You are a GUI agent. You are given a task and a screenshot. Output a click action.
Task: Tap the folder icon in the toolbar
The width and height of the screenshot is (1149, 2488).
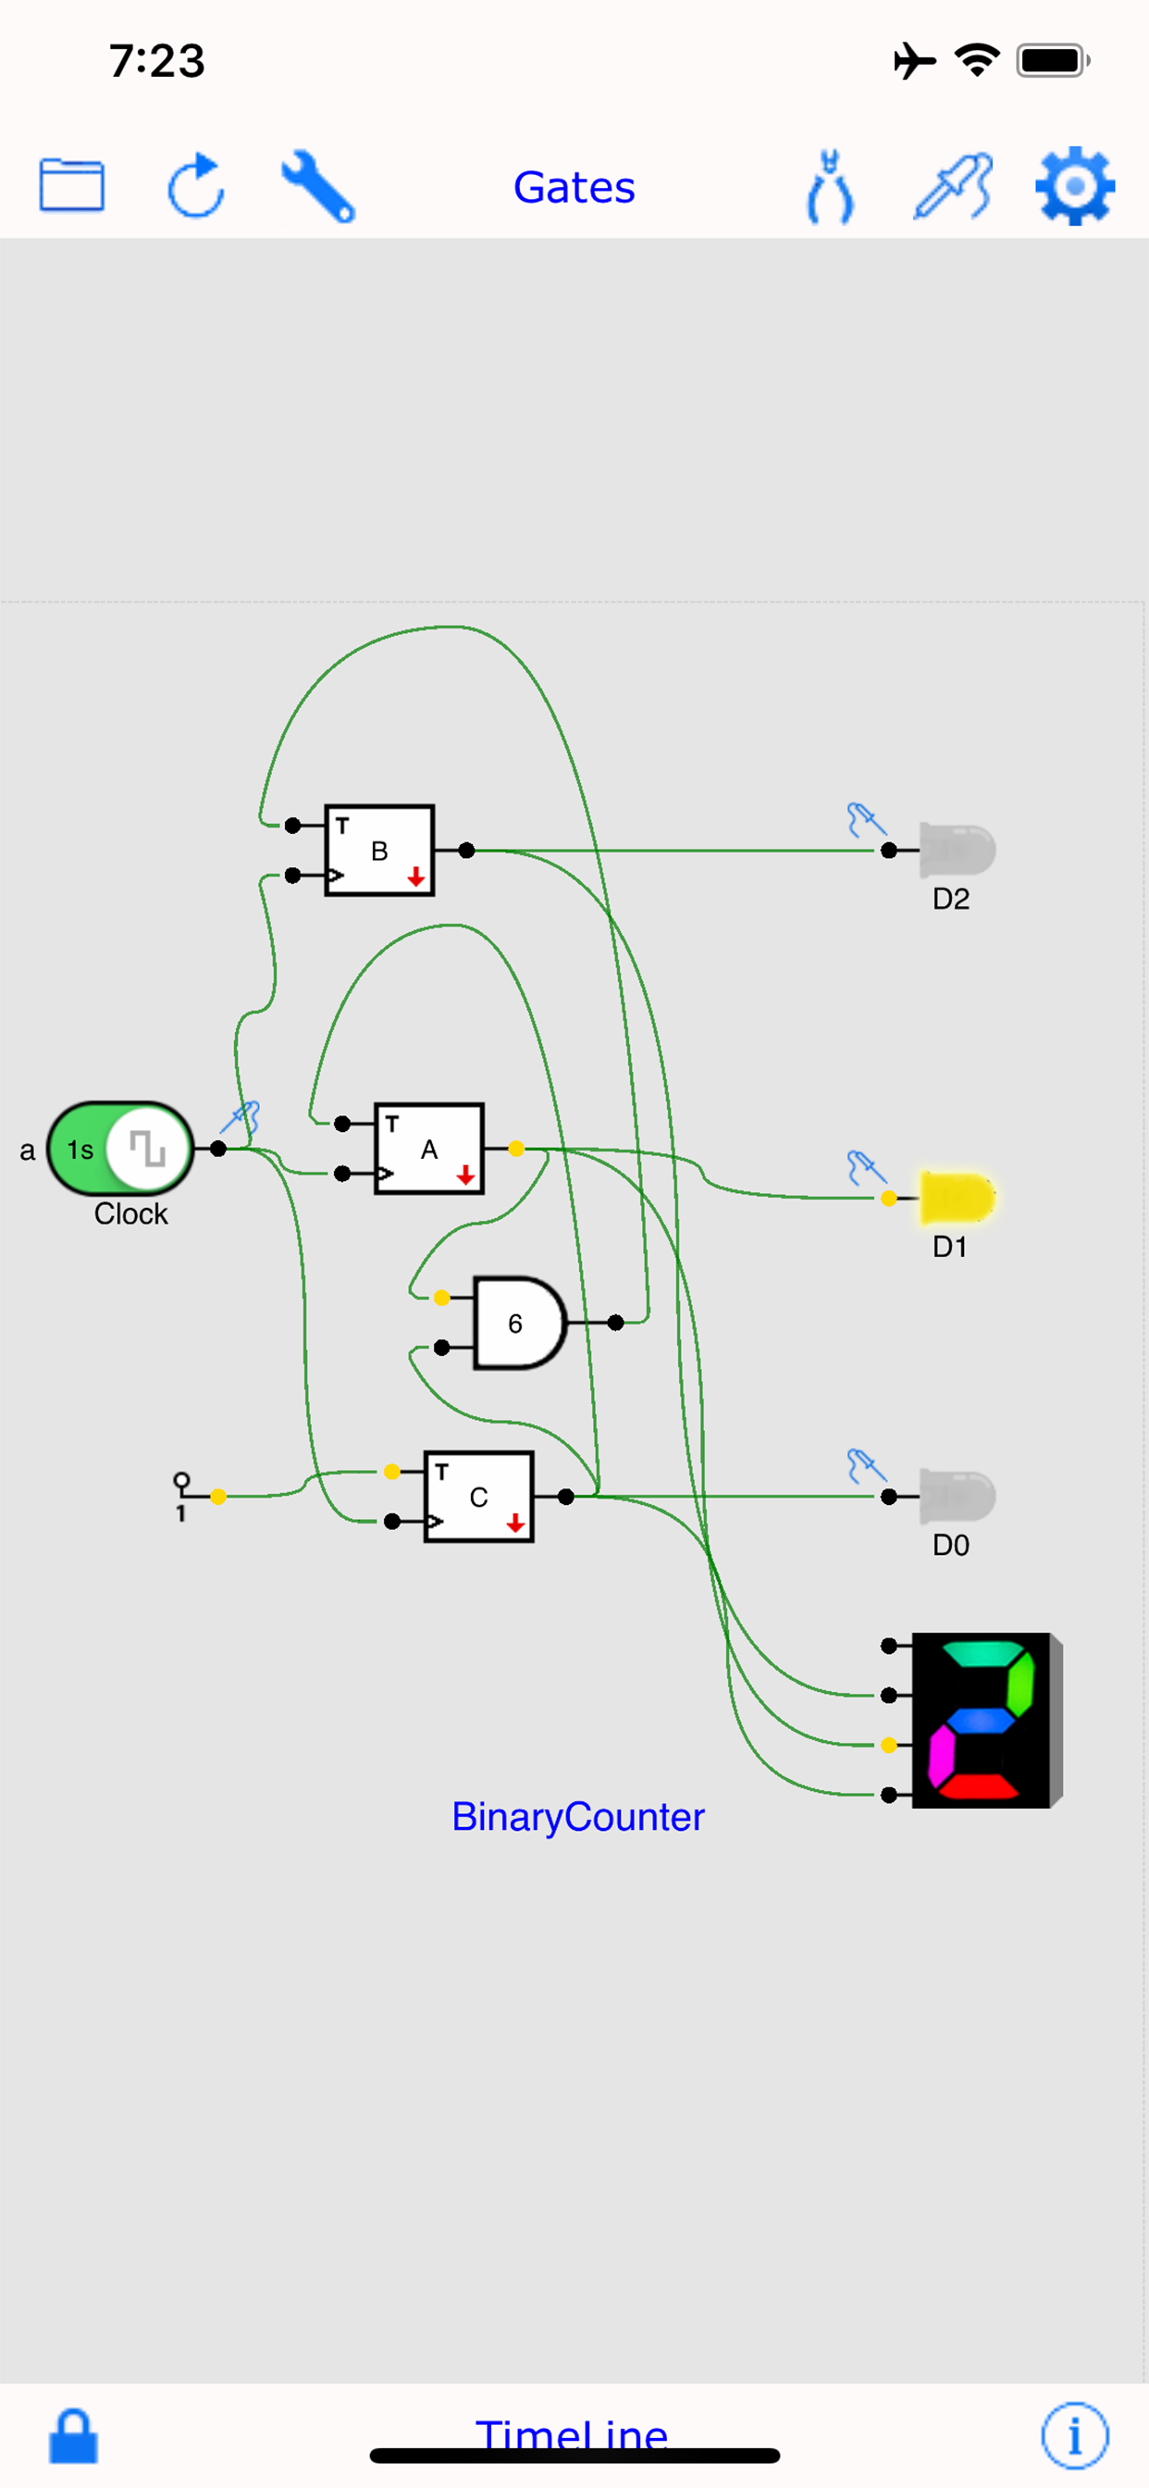pyautogui.click(x=71, y=184)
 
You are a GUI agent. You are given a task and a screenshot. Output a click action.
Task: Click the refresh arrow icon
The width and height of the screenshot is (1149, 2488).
pyautogui.click(x=196, y=184)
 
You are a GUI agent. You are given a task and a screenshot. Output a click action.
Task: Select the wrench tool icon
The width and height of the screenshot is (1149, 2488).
pyautogui.click(x=318, y=185)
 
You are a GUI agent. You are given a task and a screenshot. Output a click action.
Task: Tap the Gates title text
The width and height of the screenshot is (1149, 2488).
pyautogui.click(x=574, y=187)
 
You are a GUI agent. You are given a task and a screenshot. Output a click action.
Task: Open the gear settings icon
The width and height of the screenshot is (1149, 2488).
pyautogui.click(x=1075, y=185)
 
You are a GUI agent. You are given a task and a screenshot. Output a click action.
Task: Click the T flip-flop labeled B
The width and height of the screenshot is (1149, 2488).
pyautogui.click(x=379, y=851)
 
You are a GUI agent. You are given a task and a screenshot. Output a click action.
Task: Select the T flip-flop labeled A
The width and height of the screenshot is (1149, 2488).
pyautogui.click(x=428, y=1150)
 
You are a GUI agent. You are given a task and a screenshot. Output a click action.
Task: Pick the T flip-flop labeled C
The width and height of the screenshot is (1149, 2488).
pyautogui.click(x=479, y=1497)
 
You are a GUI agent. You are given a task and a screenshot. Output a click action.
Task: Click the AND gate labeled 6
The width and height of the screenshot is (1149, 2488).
pyautogui.click(x=517, y=1324)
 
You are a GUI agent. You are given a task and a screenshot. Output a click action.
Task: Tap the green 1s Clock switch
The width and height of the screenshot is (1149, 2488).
pyautogui.click(x=120, y=1150)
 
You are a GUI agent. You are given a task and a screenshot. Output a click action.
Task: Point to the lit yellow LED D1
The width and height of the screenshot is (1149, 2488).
pyautogui.click(x=956, y=1199)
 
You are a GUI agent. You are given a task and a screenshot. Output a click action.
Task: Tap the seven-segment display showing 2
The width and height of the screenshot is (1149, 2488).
pyautogui.click(x=985, y=1720)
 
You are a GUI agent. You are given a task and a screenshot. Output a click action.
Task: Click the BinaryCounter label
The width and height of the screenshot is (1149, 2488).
pyautogui.click(x=577, y=1817)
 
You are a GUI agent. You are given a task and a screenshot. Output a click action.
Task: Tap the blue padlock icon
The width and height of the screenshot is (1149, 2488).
pyautogui.click(x=73, y=2436)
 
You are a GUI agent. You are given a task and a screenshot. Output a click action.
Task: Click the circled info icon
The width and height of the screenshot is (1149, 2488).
pyautogui.click(x=1075, y=2435)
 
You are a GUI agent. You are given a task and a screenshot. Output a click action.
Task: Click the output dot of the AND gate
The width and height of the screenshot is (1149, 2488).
pyautogui.click(x=616, y=1323)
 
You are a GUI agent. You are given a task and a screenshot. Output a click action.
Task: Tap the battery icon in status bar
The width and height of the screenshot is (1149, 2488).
pyautogui.click(x=1053, y=61)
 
